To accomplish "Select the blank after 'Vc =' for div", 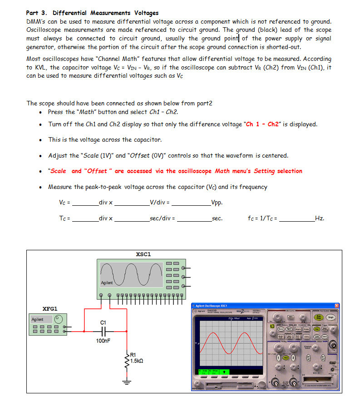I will (85, 202).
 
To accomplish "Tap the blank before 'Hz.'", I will (297, 218).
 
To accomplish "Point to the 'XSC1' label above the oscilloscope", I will (143, 254).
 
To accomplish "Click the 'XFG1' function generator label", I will (50, 308).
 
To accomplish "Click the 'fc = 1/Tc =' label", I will (263, 218).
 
